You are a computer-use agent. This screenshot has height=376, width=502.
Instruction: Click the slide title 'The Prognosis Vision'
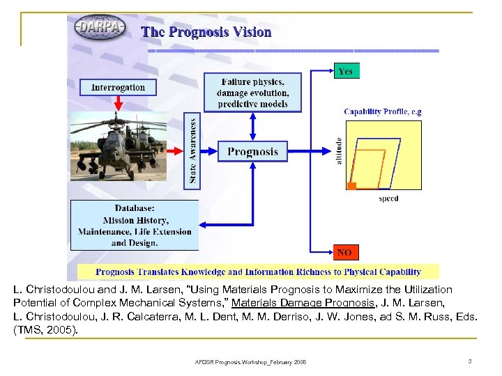(206, 32)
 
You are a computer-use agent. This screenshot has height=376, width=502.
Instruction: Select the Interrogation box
(118, 88)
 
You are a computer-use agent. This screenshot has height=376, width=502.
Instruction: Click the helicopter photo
(119, 146)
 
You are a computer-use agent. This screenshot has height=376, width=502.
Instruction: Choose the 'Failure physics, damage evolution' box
(252, 93)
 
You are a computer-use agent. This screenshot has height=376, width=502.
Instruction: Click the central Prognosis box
(252, 151)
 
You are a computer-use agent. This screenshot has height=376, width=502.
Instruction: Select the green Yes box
(345, 71)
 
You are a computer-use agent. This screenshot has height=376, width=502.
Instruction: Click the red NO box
(344, 252)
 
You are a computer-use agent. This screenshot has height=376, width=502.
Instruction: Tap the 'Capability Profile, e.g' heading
(383, 111)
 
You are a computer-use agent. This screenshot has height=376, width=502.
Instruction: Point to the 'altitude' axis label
(340, 151)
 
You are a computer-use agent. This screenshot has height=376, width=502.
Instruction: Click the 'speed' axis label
(388, 198)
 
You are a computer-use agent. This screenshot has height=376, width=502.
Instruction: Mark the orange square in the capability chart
(352, 186)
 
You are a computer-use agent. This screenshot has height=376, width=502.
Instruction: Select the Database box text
(134, 225)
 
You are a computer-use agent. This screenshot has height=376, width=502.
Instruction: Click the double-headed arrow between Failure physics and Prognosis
(252, 126)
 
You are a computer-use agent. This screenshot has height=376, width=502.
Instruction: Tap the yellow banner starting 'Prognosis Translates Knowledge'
(258, 272)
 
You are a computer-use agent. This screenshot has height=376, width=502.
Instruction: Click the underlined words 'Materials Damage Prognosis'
(296, 302)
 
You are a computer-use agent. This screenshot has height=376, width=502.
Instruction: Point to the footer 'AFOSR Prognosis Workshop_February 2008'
(250, 361)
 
